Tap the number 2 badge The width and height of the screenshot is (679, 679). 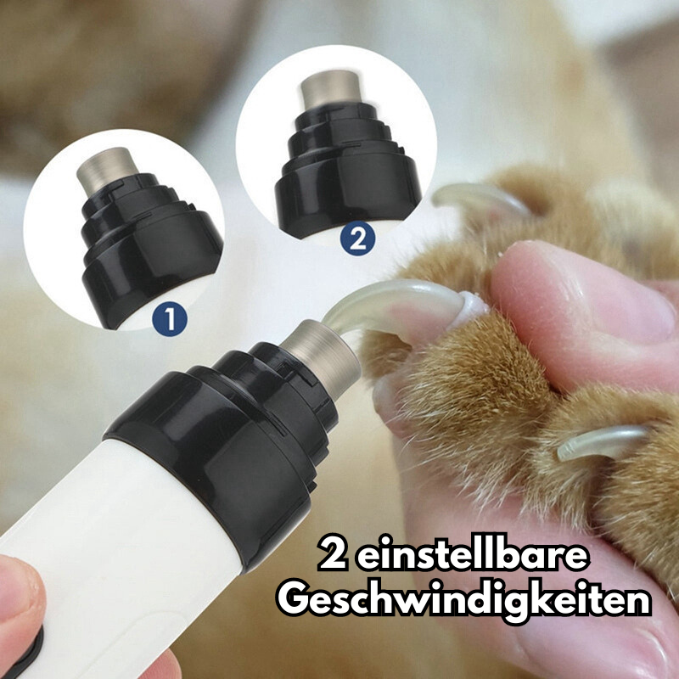357,238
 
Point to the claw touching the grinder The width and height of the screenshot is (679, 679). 382,306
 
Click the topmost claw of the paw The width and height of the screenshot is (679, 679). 475,197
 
